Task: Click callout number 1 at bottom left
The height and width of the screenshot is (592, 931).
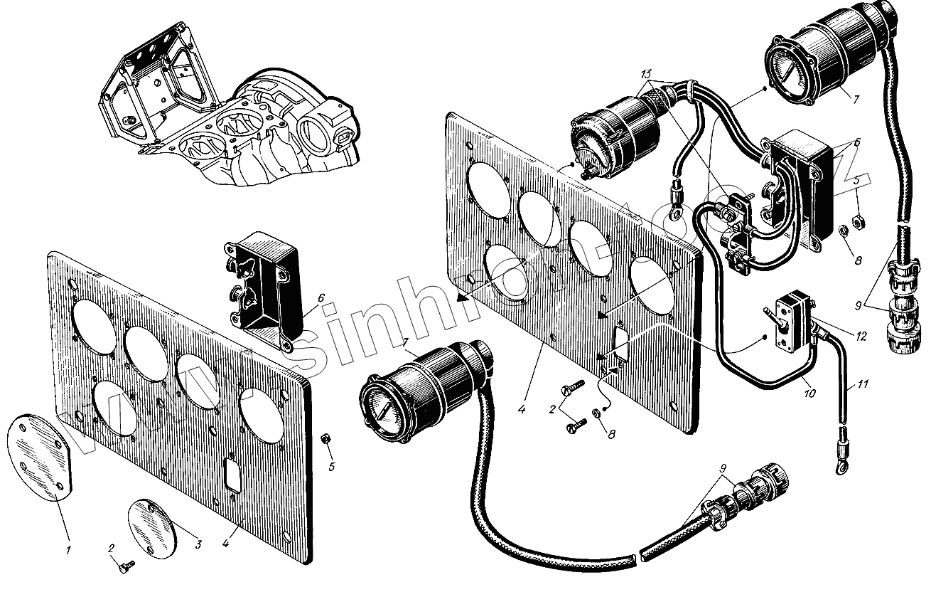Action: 70,549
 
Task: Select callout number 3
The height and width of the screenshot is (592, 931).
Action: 199,545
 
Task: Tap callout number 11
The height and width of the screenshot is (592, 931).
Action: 863,386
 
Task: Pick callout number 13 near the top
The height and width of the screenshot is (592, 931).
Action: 645,75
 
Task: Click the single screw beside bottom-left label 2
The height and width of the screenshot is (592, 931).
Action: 127,564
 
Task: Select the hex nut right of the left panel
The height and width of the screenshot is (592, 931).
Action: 325,438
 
